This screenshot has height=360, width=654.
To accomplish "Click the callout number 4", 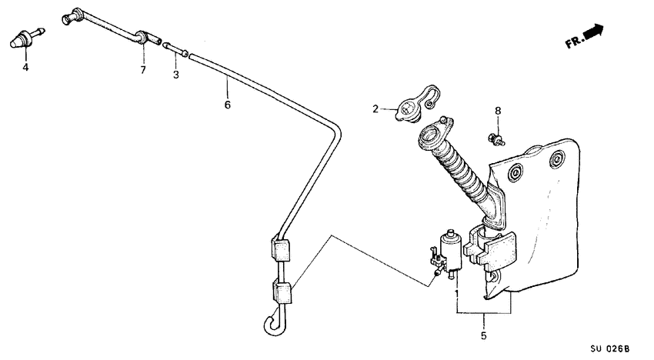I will click(x=25, y=68).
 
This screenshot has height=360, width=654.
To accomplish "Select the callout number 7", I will click(x=142, y=71).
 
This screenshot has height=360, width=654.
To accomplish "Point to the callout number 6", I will click(x=227, y=104).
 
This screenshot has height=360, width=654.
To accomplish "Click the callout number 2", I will click(x=376, y=109).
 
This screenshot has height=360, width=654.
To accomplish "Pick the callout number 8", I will click(x=498, y=111).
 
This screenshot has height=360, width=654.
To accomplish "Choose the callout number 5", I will click(x=483, y=336).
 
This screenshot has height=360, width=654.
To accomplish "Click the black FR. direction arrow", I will click(x=593, y=32).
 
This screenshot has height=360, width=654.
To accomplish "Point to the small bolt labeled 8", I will click(x=497, y=138).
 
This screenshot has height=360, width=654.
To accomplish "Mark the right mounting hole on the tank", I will click(x=555, y=160).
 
